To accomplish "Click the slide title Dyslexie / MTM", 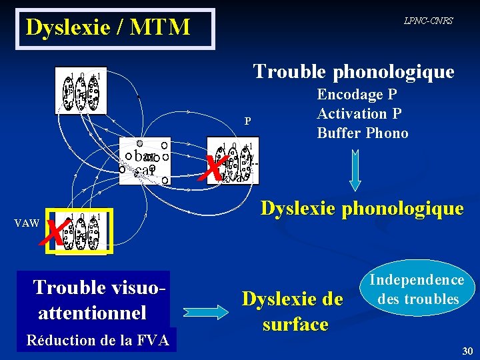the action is (108, 28).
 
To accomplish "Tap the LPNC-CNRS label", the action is (428, 21).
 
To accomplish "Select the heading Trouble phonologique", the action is (353, 71).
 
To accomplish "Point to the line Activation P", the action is (361, 113).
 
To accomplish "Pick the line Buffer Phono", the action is (363, 133).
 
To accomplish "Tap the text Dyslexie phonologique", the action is (361, 209).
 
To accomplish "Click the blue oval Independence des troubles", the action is (418, 289).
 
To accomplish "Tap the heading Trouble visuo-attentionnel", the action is (97, 300).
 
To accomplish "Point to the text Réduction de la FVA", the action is (97, 341).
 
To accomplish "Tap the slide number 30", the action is (466, 351).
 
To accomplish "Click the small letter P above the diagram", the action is (247, 121).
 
